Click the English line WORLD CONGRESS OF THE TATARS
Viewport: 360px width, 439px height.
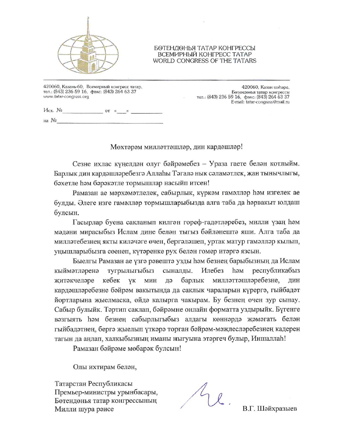pyautogui.click(x=205, y=61)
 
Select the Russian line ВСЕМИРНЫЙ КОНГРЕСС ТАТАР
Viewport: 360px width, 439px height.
pyautogui.click(x=205, y=54)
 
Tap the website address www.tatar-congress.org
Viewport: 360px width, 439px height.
pyautogui.click(x=66, y=97)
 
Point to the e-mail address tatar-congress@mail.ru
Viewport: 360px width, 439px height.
pyautogui.click(x=268, y=102)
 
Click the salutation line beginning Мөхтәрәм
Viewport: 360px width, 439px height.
pyautogui.click(x=177, y=147)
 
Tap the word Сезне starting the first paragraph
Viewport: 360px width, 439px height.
pyautogui.click(x=82, y=164)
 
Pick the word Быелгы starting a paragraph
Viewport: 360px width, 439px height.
pyautogui.click(x=85, y=261)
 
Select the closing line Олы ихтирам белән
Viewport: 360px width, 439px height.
pyautogui.click(x=105, y=367)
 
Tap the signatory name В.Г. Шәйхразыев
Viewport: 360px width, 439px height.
pyautogui.click(x=270, y=408)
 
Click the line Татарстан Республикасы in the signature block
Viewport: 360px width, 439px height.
pyautogui.click(x=93, y=384)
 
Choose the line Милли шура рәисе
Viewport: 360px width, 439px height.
pyautogui.click(x=84, y=409)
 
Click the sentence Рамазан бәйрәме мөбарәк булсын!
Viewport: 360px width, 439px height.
pyautogui.click(x=127, y=348)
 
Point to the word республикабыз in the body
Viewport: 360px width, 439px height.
pyautogui.click(x=276, y=270)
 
